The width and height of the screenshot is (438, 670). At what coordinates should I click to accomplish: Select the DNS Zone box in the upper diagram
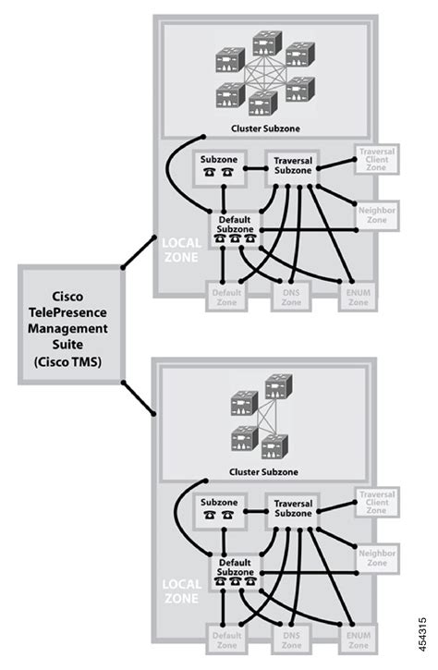click(292, 295)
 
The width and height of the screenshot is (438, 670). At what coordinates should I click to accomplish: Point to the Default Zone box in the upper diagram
click(227, 295)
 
